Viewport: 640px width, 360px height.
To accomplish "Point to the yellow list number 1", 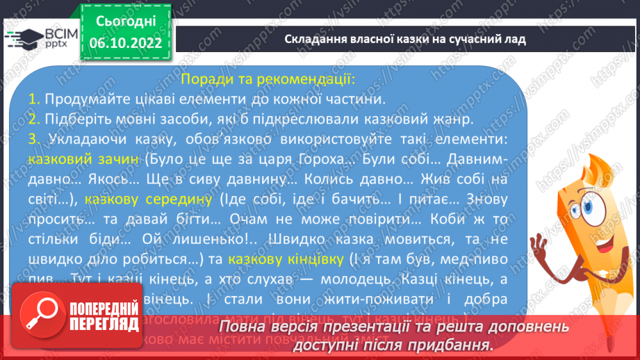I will click(33, 99).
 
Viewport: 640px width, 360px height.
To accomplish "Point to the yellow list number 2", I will click(33, 119).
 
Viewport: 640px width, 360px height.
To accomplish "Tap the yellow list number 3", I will click(33, 139).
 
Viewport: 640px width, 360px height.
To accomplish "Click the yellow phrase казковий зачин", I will click(84, 159).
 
